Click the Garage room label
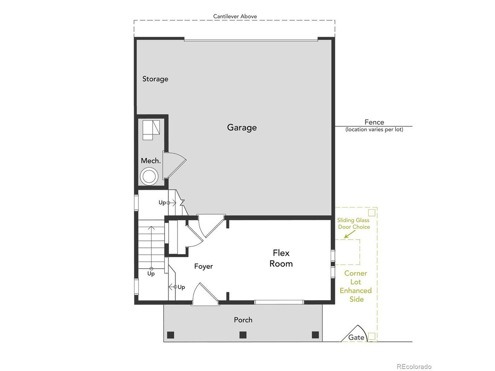tap(242, 128)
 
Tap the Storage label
tap(155, 79)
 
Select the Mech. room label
tap(151, 161)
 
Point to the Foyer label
tap(203, 266)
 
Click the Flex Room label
tap(281, 259)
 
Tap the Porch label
tap(243, 320)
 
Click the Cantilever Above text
tap(235, 16)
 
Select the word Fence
tap(374, 122)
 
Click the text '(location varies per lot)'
tap(374, 129)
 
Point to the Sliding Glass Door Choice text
tap(353, 223)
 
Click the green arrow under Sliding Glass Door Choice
tap(349, 234)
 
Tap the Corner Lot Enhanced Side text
tap(356, 286)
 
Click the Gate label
tap(356, 337)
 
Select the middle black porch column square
tap(242, 335)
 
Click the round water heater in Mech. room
tap(148, 176)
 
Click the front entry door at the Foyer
tap(205, 294)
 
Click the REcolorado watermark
tap(414, 367)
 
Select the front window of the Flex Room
tap(279, 302)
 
